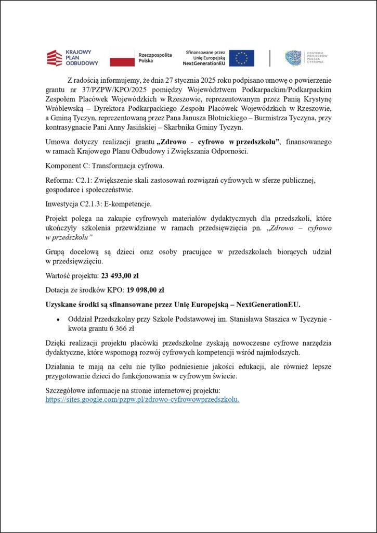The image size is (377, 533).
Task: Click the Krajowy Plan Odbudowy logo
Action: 72,58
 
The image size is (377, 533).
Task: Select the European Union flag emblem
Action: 242,58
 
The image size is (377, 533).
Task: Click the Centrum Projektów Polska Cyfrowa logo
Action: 304,58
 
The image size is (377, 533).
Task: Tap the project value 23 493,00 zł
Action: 120,276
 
